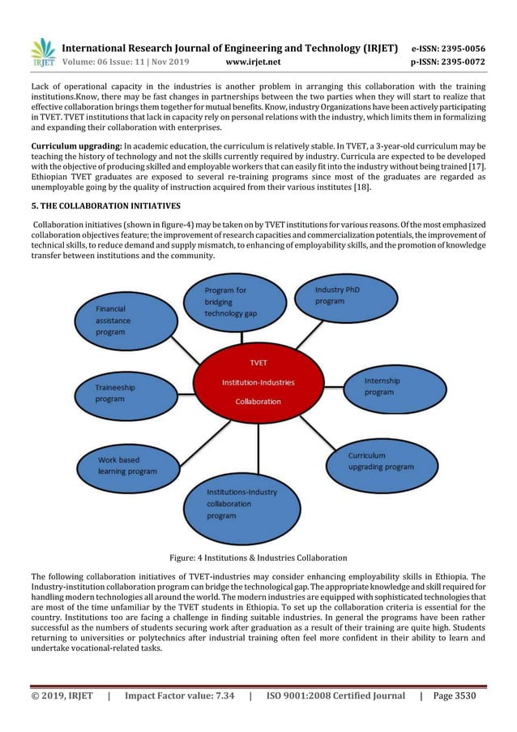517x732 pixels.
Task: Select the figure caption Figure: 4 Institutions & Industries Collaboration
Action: [x=258, y=558]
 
